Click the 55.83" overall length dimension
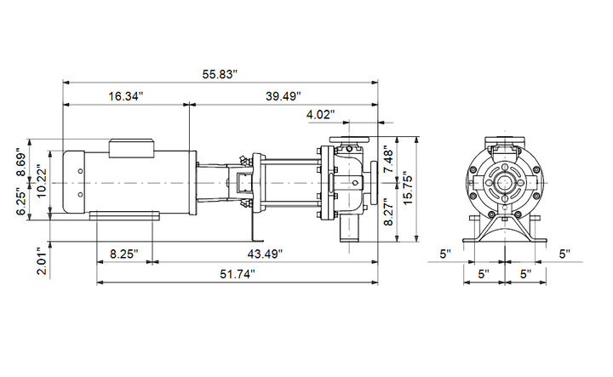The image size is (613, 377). (x=220, y=74)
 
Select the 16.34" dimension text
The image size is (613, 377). (x=126, y=96)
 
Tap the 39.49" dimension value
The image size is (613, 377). (x=284, y=96)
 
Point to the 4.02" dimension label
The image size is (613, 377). (x=321, y=115)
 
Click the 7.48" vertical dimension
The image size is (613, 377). (x=389, y=159)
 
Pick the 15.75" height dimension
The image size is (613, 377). (x=408, y=188)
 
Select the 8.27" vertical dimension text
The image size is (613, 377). (x=389, y=211)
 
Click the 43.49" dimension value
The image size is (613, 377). (x=265, y=254)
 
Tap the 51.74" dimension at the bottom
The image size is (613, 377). (x=238, y=274)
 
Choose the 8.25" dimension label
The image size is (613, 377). (x=124, y=254)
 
